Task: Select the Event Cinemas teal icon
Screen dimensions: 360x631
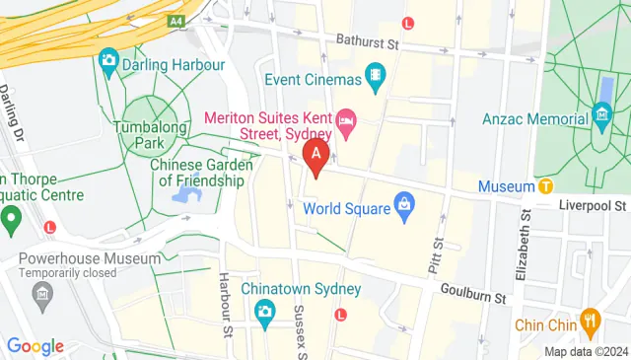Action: coord(376,74)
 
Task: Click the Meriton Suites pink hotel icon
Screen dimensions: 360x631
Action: coord(346,123)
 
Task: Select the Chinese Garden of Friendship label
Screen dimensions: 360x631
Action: coord(197,173)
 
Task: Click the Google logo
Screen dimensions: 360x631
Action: coord(35,345)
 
